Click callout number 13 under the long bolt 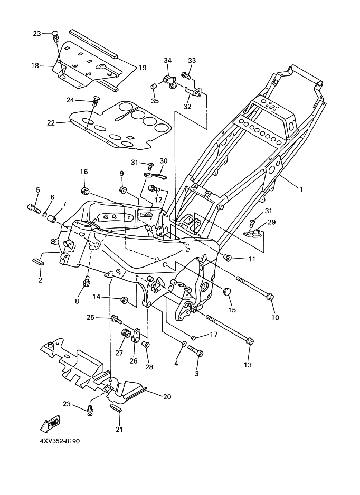(248, 364)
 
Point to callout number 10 (275, 318)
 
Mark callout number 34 (168, 61)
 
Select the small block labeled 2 (38, 260)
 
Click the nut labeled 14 (125, 300)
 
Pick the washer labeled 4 (183, 345)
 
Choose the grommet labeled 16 (84, 189)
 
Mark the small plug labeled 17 (194, 336)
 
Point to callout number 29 (272, 222)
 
